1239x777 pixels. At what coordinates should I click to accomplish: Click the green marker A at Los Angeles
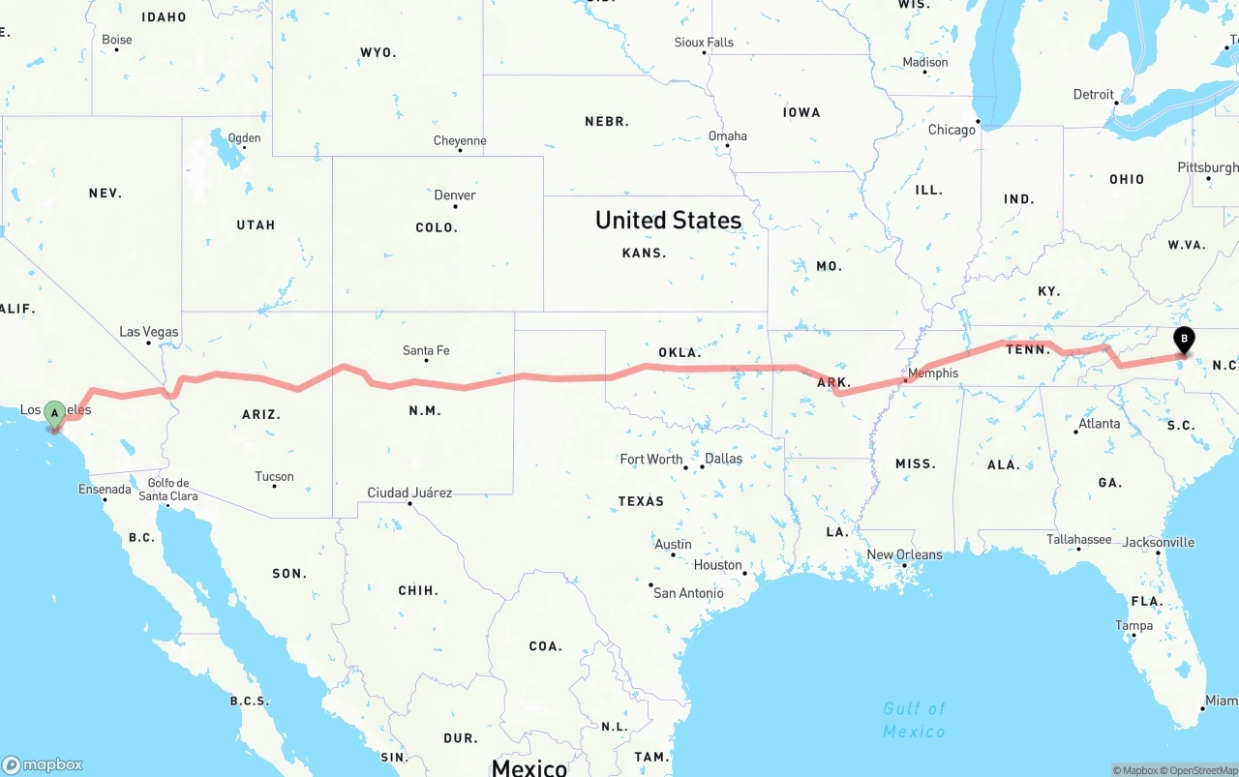tap(55, 414)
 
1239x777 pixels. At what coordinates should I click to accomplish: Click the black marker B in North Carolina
tap(1183, 341)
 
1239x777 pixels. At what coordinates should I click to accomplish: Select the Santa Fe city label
tap(426, 350)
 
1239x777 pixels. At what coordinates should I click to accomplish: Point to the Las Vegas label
tap(149, 332)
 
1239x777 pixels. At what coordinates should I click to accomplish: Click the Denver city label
tap(455, 195)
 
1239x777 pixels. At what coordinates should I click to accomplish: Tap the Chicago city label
tap(952, 130)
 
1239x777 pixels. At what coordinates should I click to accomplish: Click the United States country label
tap(668, 221)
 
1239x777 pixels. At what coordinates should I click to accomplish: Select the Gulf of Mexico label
tap(914, 720)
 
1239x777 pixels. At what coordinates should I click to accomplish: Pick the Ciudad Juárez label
tap(409, 493)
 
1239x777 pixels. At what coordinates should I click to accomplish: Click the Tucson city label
tap(274, 476)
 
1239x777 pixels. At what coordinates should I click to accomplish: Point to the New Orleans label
tap(904, 554)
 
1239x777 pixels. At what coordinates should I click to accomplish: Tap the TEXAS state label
tap(641, 501)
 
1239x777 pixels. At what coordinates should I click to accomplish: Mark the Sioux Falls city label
tap(704, 43)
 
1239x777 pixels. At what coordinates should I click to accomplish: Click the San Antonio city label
tap(688, 592)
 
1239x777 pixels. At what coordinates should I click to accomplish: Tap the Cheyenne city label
tap(460, 141)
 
